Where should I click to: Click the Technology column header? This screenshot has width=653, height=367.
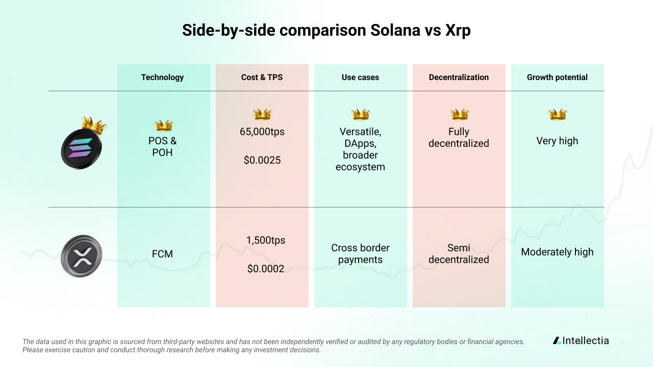(x=162, y=77)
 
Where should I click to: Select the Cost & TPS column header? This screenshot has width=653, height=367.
(x=262, y=77)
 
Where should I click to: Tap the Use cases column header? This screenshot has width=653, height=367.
(x=360, y=77)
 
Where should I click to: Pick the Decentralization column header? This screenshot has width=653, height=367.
(x=459, y=77)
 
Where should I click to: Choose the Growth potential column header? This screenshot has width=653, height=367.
(x=557, y=77)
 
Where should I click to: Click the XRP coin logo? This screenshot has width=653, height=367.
(x=82, y=256)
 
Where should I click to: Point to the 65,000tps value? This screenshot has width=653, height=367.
(x=262, y=132)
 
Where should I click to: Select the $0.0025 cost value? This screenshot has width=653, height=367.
(x=262, y=160)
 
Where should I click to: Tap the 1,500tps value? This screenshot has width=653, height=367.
(x=266, y=240)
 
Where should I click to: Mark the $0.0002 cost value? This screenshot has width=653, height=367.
(x=266, y=269)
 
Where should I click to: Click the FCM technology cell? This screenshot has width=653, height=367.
(x=162, y=254)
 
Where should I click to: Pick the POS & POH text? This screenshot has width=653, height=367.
(x=162, y=146)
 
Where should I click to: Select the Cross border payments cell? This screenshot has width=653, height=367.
(x=360, y=254)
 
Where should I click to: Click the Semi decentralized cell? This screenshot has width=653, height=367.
(x=459, y=254)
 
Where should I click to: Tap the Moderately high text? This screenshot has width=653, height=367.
(x=557, y=252)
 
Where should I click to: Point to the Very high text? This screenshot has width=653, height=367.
(x=557, y=141)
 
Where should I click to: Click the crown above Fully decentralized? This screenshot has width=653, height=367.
(x=459, y=114)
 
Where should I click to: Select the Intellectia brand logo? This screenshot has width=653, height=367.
(x=581, y=340)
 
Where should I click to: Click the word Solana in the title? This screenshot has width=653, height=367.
(x=393, y=31)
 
